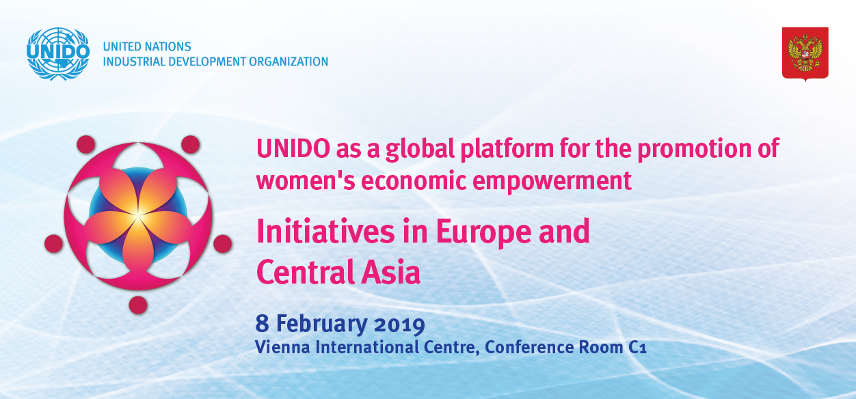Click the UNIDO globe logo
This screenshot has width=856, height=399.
(x=58, y=54)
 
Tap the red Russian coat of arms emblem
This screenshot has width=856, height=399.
(x=805, y=54)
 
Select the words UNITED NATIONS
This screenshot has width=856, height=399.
(x=147, y=46)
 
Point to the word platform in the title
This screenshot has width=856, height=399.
(x=507, y=150)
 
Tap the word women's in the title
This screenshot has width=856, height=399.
(x=306, y=181)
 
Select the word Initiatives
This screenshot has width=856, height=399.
(x=325, y=231)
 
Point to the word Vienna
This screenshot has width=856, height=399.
(x=282, y=347)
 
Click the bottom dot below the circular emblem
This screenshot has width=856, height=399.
(x=138, y=305)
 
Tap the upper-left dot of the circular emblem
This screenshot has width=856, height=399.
(x=86, y=144)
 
